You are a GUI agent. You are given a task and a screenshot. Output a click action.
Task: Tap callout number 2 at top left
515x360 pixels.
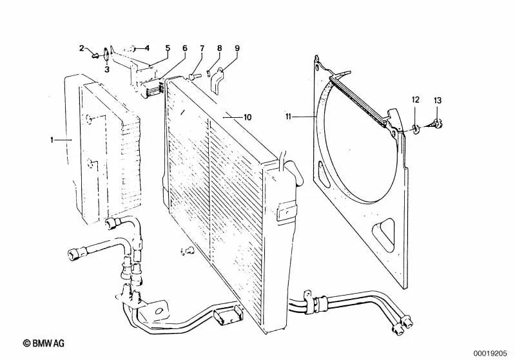(x=82, y=48)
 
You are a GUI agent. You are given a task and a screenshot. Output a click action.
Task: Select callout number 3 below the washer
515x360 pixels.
(x=107, y=69)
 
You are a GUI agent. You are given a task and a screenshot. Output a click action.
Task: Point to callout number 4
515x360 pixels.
(x=146, y=48)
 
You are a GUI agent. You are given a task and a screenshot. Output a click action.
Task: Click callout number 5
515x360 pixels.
(x=167, y=48)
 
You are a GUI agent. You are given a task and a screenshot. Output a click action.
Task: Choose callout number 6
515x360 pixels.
(x=184, y=48)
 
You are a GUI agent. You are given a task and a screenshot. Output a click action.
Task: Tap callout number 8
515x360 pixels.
(x=219, y=48)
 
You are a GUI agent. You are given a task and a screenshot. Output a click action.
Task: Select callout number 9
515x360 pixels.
(x=237, y=48)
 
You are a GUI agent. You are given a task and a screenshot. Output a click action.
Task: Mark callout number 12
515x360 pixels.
(x=416, y=99)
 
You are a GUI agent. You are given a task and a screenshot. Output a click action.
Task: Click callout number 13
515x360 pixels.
(x=438, y=100)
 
